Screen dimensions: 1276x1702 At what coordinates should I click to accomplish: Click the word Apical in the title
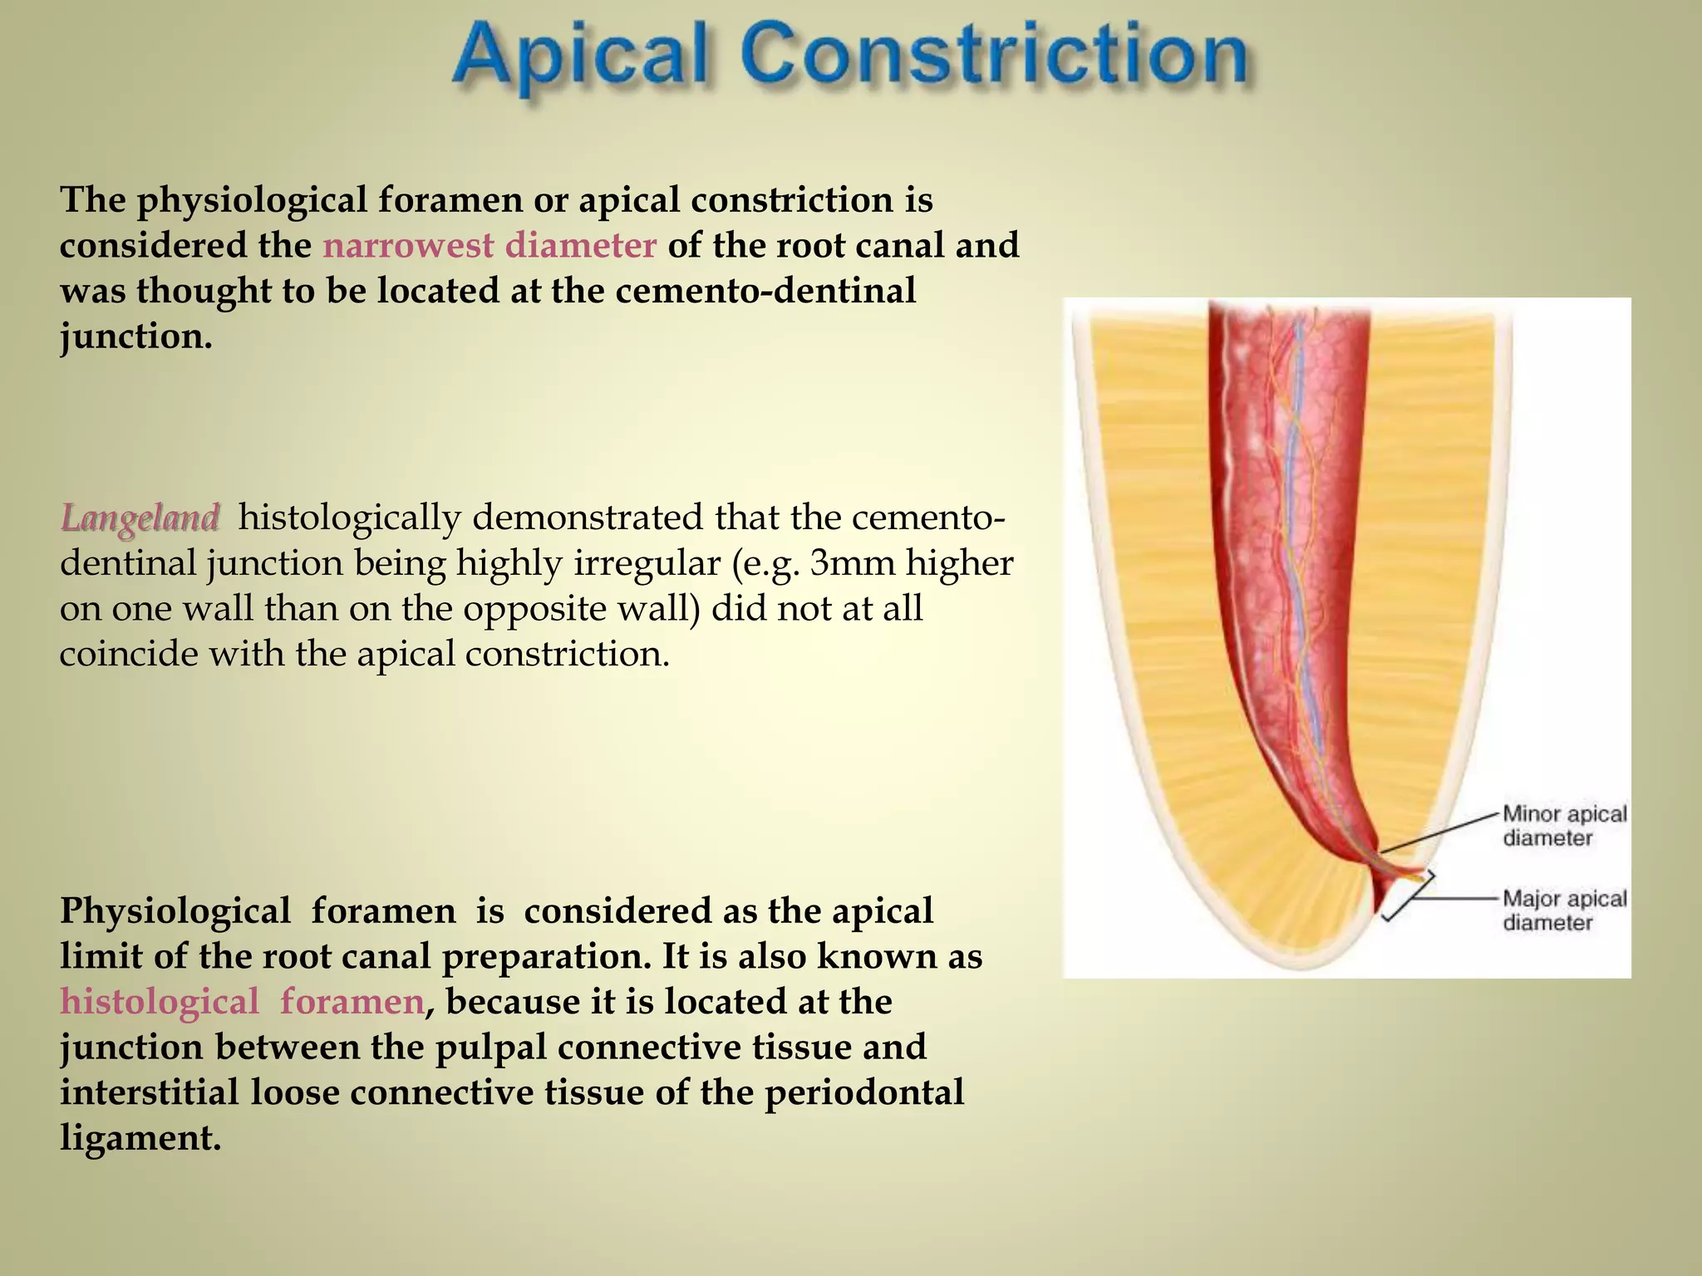(x=582, y=56)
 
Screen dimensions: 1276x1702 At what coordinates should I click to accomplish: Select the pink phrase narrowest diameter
(x=489, y=246)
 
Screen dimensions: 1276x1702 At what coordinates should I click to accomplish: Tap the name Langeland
(x=140, y=518)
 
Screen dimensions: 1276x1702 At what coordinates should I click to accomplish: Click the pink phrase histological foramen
(x=243, y=1002)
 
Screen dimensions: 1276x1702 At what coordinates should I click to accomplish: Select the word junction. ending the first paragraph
(x=135, y=336)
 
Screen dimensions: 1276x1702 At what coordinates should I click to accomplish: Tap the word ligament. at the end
(x=140, y=1138)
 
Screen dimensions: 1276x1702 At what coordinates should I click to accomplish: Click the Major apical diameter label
(x=1564, y=910)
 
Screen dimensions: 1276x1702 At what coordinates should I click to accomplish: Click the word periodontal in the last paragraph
(x=864, y=1092)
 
